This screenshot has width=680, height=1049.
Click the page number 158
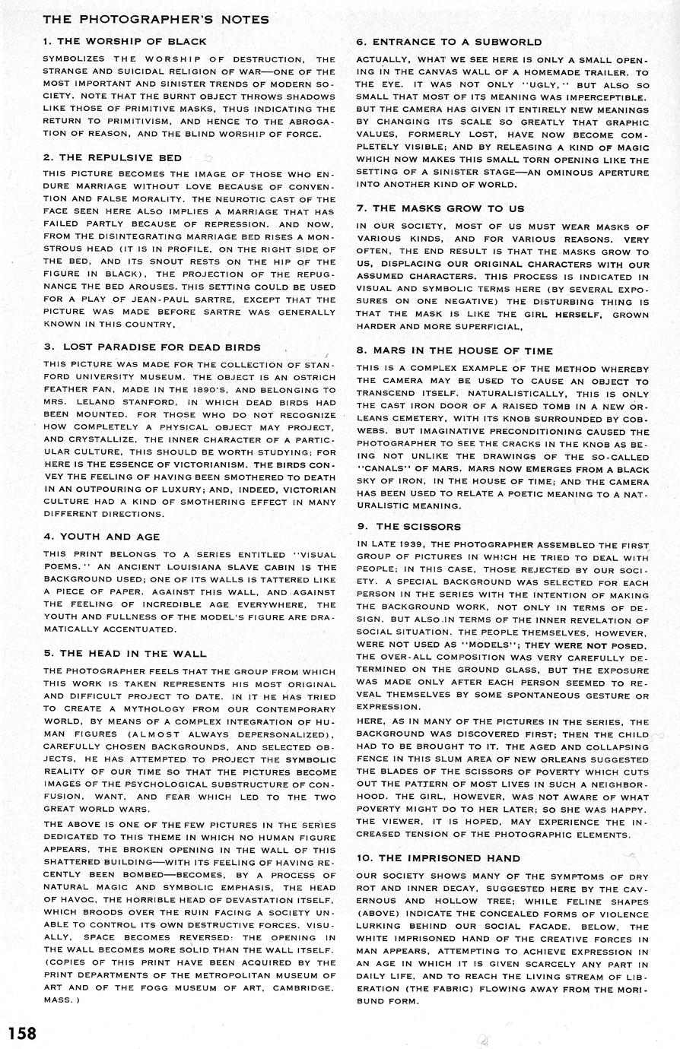coord(22,1034)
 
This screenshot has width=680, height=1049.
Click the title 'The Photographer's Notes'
coord(156,19)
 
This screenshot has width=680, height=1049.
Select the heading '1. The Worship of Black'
coord(126,41)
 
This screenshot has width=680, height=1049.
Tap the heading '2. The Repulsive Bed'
coord(113,157)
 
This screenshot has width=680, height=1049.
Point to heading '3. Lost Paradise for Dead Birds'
coord(152,347)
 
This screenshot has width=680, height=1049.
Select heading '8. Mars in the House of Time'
coord(466,350)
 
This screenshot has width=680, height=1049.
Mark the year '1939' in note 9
coord(405,545)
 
